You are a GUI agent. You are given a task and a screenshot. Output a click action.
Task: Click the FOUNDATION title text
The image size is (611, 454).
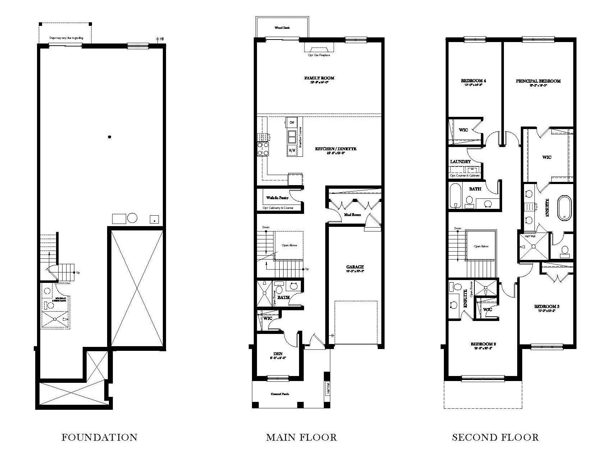100,437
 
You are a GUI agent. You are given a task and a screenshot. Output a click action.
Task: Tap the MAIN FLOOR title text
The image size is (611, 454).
301,437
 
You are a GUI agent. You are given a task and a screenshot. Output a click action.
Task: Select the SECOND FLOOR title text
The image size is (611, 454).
495,437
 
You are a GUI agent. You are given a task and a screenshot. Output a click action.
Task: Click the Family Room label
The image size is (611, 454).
319,78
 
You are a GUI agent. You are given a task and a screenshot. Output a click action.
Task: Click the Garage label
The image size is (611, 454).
355,267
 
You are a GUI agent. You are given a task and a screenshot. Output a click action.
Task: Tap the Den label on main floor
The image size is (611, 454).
277,354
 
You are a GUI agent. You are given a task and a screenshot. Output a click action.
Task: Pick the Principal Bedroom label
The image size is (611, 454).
538,81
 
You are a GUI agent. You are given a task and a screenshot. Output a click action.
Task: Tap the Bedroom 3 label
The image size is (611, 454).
547,307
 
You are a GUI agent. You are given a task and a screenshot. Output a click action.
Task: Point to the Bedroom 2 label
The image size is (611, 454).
483,344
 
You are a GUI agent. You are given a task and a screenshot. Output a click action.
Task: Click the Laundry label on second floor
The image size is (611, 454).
460,162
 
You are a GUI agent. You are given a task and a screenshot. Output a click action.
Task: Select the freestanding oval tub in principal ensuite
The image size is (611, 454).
564,208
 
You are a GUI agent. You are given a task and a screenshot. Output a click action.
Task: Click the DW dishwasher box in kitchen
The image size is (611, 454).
291,122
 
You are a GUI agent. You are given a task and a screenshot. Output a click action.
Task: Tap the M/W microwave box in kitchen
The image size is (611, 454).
291,150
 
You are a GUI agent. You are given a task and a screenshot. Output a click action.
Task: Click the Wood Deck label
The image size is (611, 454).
282,28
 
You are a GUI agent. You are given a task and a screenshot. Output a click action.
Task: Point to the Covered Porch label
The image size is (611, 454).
280,394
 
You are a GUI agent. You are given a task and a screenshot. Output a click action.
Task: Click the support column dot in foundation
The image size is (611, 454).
110,137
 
